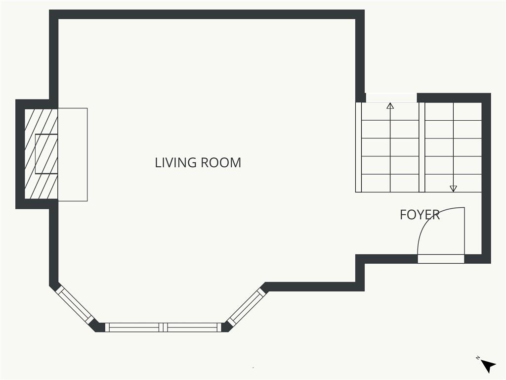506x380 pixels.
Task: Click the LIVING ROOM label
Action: pos(198,162)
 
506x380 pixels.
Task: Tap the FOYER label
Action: pos(420,215)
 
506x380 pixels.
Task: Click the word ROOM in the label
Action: pos(221,162)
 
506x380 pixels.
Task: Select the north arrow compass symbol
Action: pos(488,366)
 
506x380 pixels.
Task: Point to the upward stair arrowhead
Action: pos(390,106)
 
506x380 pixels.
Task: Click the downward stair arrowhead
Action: pos(454,189)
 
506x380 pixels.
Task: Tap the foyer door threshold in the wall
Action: pos(441,259)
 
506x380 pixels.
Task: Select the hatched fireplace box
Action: pos(42,153)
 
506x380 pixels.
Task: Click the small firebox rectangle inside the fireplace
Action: pos(46,153)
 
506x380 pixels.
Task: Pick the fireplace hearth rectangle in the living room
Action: pos(73,154)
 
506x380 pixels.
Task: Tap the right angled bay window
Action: pos(247,306)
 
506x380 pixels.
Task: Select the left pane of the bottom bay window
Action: pos(134,328)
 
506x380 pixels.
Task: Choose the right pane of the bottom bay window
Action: pos(194,328)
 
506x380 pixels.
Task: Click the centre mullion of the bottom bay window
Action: pos(164,328)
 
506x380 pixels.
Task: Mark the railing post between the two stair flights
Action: pos(422,147)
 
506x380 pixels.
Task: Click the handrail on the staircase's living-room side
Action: pos(359,147)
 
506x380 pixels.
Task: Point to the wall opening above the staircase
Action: pos(391,98)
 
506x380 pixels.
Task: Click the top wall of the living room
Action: pos(207,14)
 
